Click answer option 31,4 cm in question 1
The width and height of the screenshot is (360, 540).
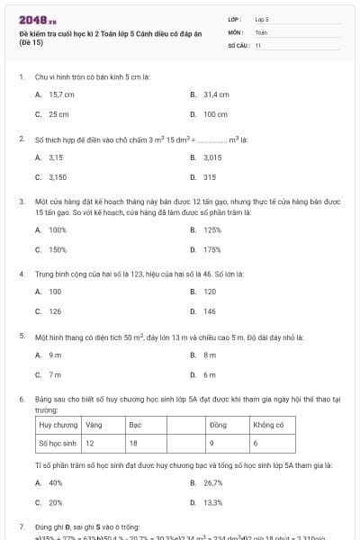coord(216,94)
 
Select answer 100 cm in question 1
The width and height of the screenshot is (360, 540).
coord(215,114)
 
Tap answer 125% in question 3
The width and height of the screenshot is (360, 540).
coord(212,229)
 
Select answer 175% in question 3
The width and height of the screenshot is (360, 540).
coord(212,249)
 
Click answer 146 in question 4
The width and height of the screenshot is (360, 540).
coord(210,311)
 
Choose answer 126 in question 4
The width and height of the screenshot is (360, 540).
coord(55,311)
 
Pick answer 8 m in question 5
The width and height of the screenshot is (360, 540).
coord(210,355)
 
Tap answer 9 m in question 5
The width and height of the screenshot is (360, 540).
coord(55,355)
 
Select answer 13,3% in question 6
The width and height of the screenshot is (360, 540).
coord(213,502)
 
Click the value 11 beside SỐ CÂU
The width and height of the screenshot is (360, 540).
coord(258,43)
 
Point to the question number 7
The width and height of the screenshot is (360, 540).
coord(22,525)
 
